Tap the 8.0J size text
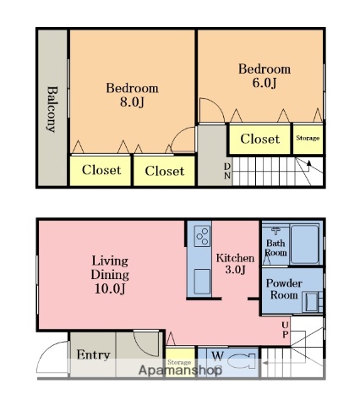[132, 101]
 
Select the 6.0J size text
[265, 83]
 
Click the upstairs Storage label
[308, 138]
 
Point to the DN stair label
[227, 171]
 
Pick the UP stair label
[285, 330]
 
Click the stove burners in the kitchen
[202, 236]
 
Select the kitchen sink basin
[202, 282]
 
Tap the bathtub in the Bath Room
[304, 244]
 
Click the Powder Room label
[284, 289]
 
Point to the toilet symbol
[242, 361]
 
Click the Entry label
[93, 355]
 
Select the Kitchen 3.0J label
[235, 264]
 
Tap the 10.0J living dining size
[110, 288]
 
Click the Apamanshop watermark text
[180, 370]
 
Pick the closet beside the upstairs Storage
[259, 140]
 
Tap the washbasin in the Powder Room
[310, 302]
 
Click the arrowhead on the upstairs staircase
[309, 163]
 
